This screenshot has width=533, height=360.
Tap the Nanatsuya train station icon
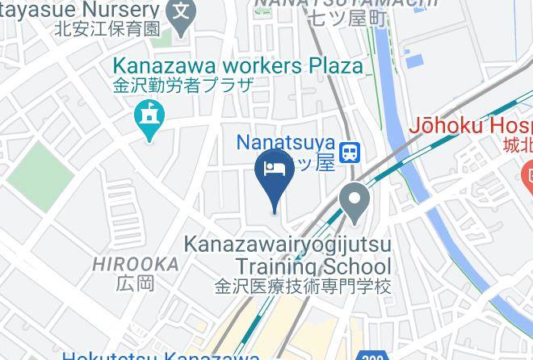click(x=350, y=151)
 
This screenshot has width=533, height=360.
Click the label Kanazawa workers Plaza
click(x=237, y=66)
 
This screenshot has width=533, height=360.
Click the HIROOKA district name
click(x=135, y=264)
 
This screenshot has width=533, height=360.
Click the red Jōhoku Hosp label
click(x=472, y=126)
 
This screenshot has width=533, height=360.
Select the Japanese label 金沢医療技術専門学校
click(x=303, y=286)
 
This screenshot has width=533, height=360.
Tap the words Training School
click(x=313, y=266)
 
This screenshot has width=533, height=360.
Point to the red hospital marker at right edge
click(x=527, y=174)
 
